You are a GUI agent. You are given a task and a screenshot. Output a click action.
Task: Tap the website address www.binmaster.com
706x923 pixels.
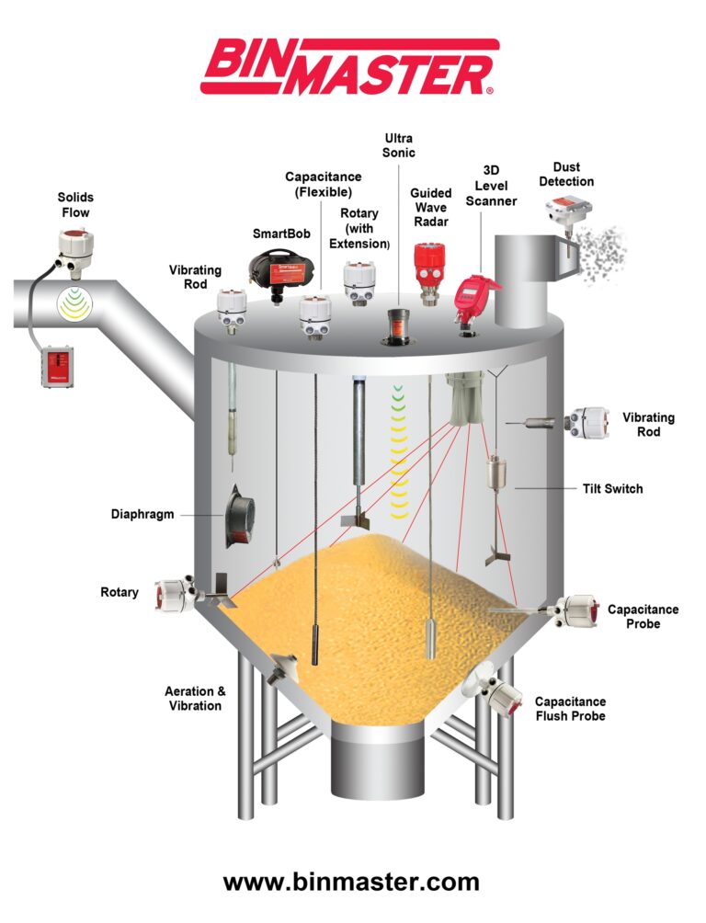point(351,882)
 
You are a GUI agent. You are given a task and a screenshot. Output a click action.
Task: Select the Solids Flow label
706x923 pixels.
point(75,205)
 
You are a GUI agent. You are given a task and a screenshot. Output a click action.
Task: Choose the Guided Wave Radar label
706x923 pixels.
point(430,208)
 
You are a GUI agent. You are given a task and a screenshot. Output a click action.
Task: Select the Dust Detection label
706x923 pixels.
point(566,174)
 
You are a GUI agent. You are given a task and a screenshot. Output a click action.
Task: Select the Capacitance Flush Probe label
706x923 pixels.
point(570,708)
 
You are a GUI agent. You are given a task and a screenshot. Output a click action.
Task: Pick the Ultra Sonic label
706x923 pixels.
point(399,145)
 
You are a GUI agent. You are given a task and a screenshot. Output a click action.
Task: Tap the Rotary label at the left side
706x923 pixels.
point(120,592)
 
